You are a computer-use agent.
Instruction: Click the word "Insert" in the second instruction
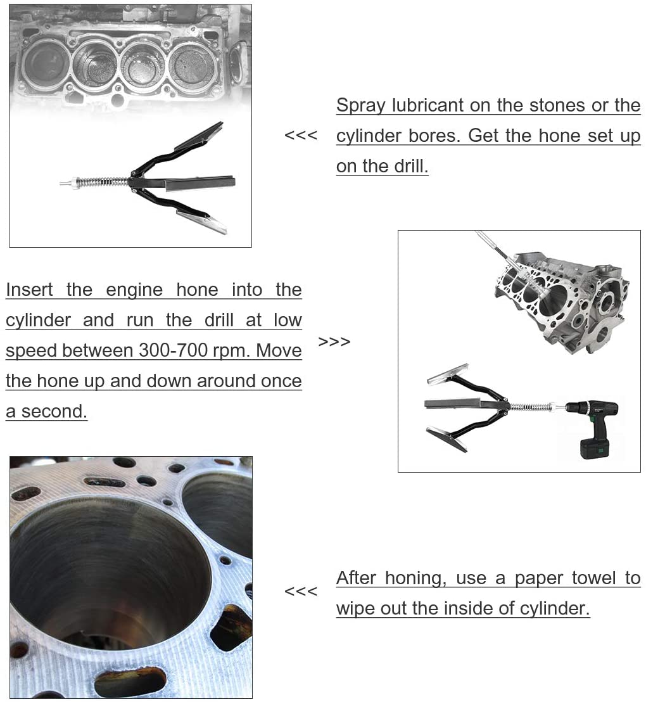click(30, 290)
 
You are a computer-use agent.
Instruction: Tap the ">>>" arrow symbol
click(334, 341)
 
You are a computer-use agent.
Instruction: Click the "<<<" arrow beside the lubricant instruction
click(300, 135)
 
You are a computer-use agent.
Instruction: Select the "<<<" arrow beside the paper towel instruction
click(300, 591)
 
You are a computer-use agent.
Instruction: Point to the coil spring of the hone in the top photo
click(101, 182)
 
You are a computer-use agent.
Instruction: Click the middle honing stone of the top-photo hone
click(199, 185)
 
